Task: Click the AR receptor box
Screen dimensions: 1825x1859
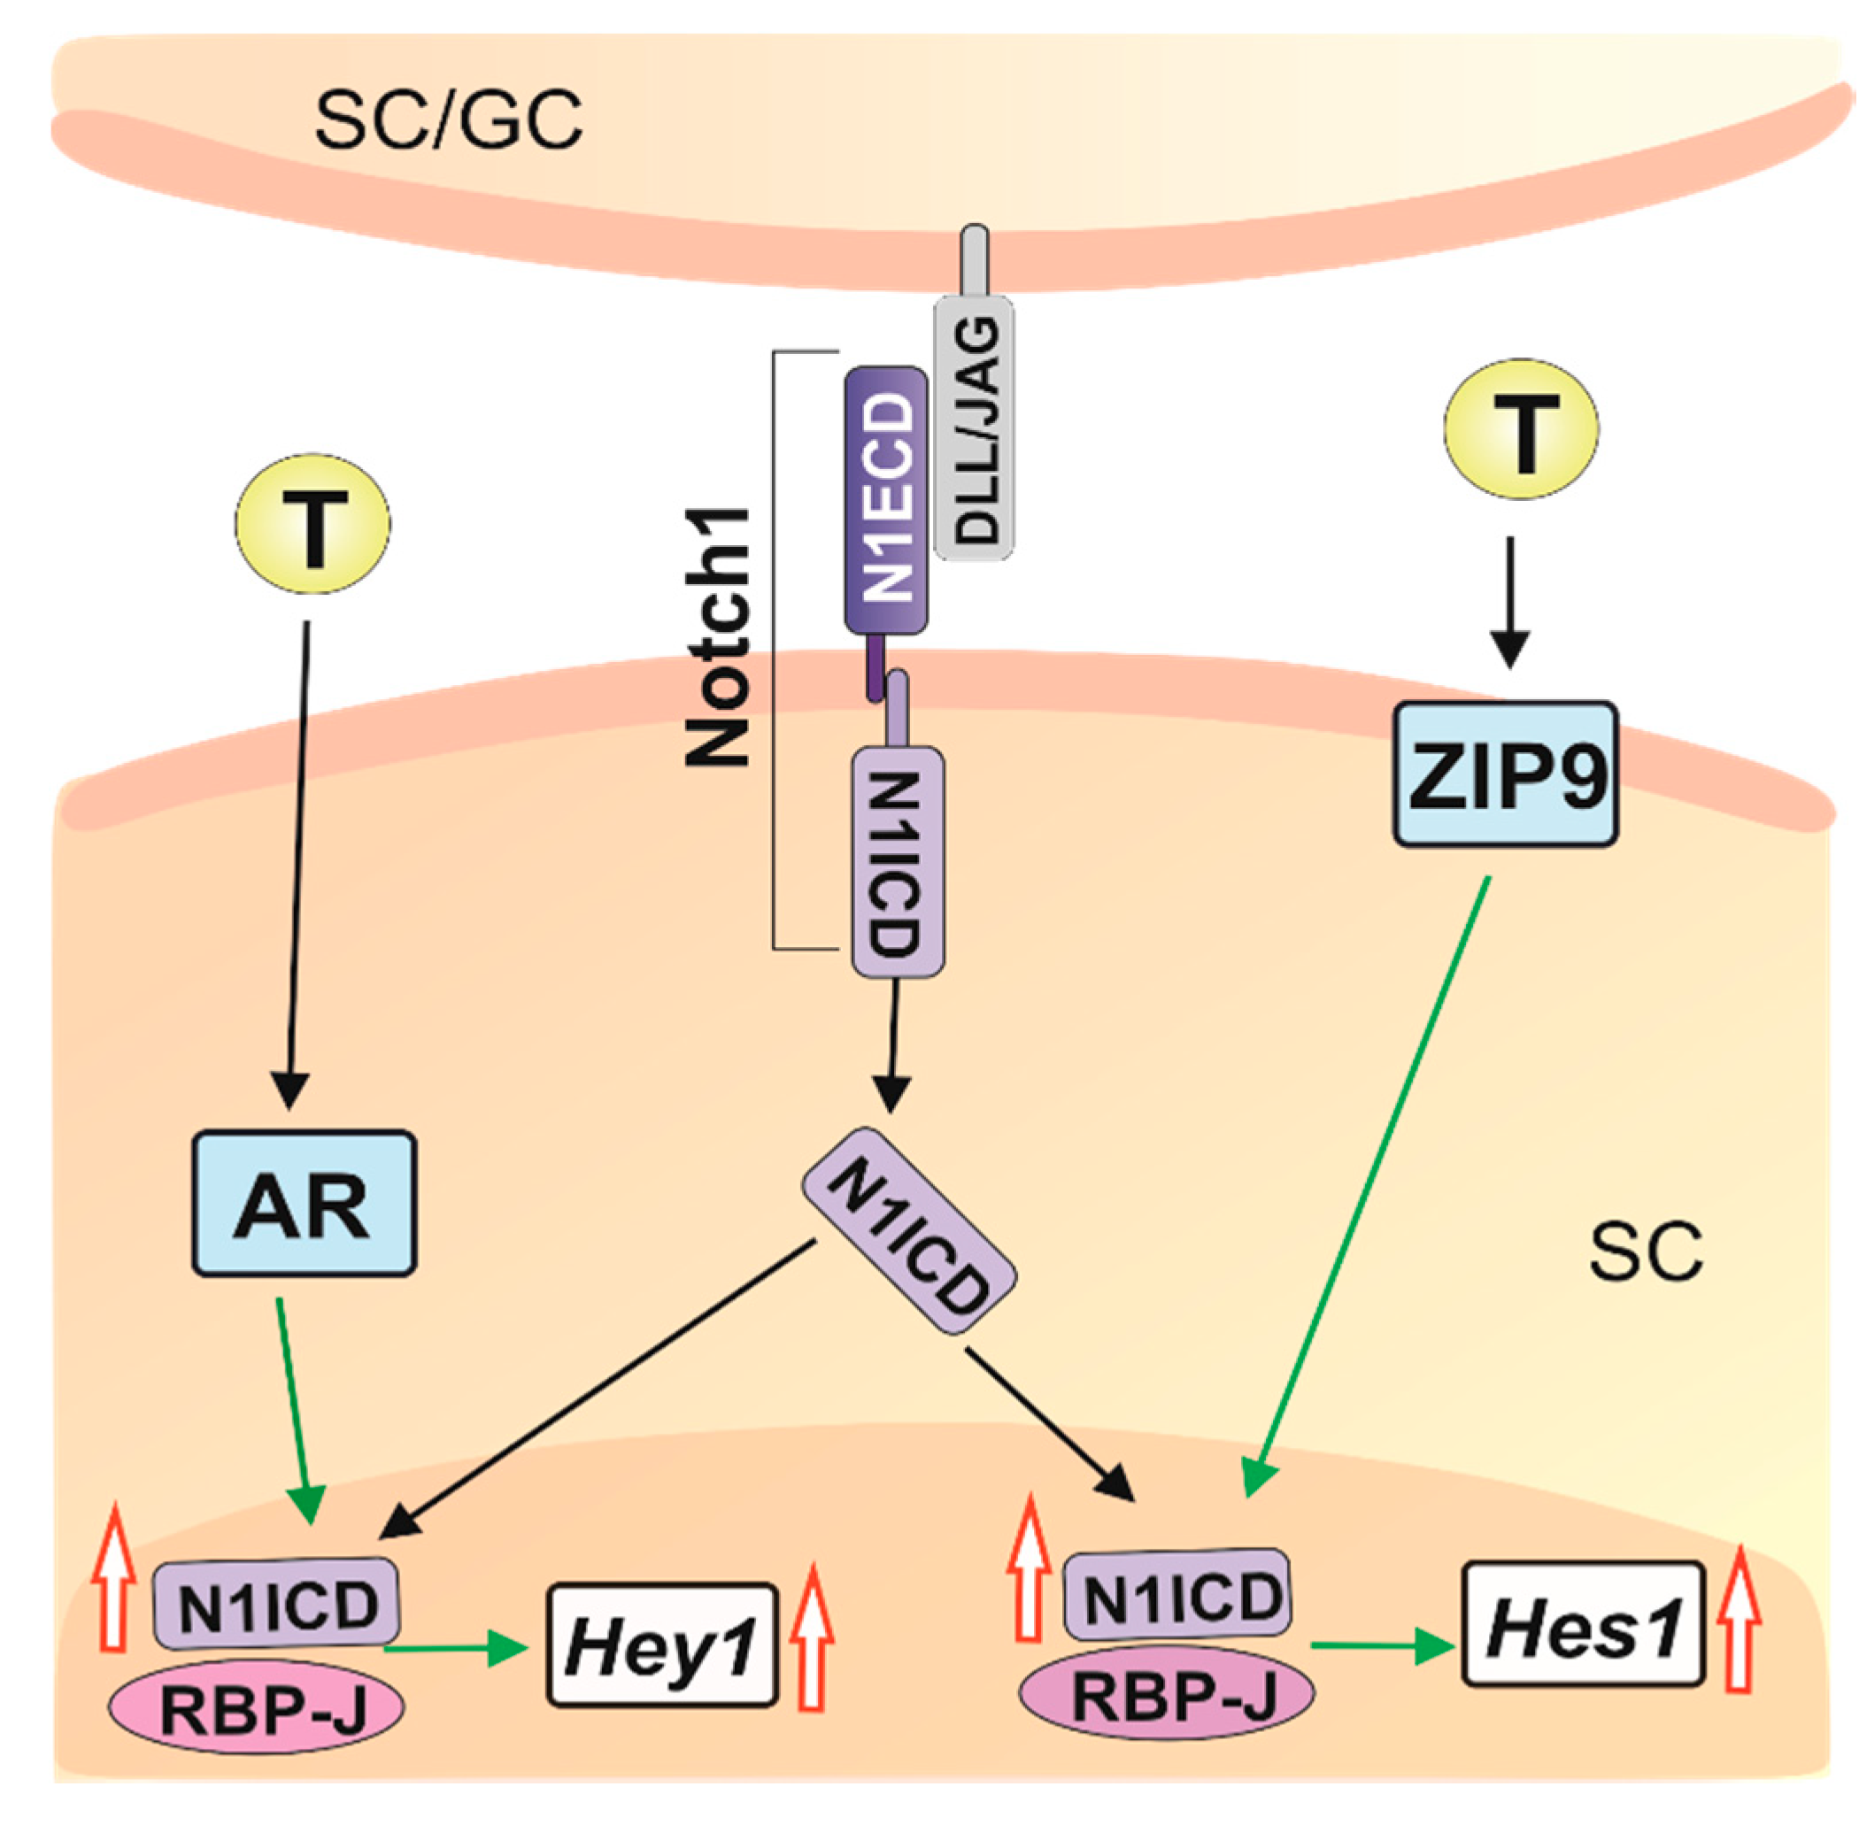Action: point(303,1204)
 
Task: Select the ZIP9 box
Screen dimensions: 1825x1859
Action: point(1505,774)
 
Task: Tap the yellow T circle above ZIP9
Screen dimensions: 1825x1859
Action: point(1522,427)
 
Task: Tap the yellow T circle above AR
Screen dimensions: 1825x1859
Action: point(312,523)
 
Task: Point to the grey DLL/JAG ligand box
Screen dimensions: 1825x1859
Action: point(972,427)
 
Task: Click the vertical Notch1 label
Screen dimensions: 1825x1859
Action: point(717,637)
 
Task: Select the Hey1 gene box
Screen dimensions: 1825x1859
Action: point(660,1644)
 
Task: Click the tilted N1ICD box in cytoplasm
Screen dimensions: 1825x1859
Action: point(908,1231)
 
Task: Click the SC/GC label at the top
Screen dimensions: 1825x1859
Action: point(448,122)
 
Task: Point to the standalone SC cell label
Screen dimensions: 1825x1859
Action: point(1645,1251)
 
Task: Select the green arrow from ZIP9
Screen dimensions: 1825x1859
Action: point(1367,1179)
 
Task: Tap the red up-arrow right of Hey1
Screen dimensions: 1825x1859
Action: point(812,1639)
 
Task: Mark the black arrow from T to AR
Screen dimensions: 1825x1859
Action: point(298,863)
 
